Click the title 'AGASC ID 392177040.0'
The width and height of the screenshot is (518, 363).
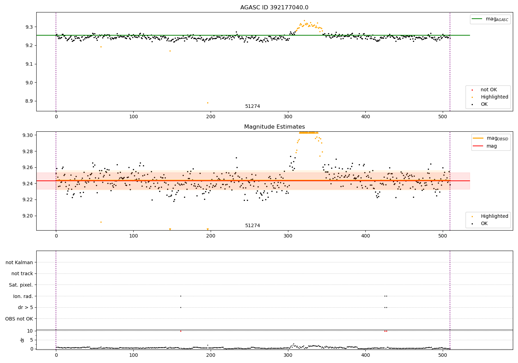274,8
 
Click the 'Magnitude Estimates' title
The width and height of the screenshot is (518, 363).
274,127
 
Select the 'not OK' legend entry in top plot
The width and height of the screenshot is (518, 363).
489,90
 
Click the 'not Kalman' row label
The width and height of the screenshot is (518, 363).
19,262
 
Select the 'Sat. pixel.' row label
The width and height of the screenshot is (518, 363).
21,285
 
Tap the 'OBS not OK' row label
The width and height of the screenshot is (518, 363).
19,319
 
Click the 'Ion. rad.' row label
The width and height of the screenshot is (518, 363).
23,296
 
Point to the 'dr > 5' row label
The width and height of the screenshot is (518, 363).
26,307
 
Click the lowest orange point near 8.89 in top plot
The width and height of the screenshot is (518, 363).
208,103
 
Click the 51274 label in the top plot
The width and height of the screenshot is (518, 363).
252,106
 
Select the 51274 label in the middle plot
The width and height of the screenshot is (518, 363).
252,226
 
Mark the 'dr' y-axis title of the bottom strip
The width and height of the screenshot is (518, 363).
22,340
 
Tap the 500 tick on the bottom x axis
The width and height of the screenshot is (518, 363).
443,355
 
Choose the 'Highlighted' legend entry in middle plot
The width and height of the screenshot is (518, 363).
494,216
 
